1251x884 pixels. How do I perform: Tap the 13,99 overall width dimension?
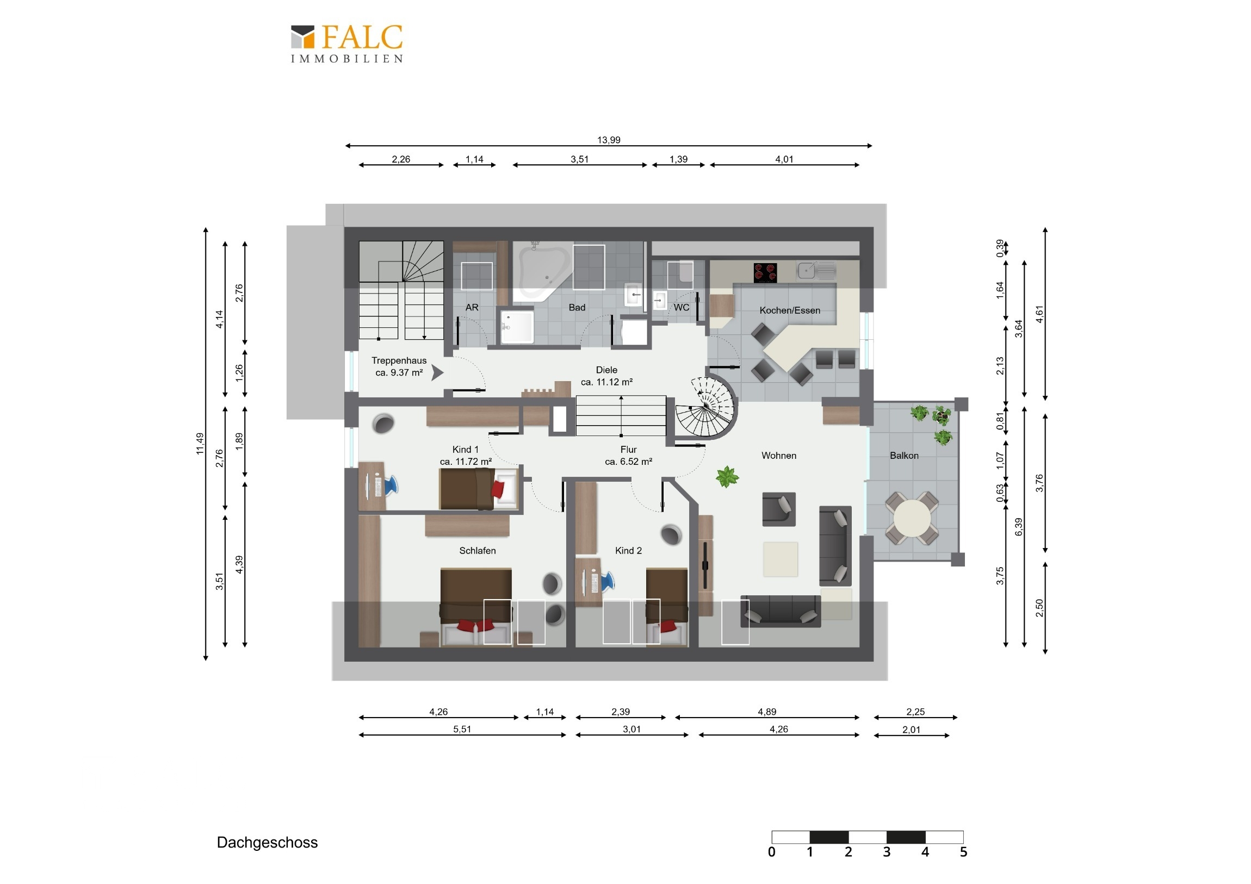pyautogui.click(x=609, y=140)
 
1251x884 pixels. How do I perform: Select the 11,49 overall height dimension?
pyautogui.click(x=200, y=444)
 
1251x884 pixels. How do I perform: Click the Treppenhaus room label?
pyautogui.click(x=399, y=360)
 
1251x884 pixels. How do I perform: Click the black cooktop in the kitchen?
pyautogui.click(x=765, y=272)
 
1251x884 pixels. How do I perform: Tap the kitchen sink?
pyautogui.click(x=816, y=270)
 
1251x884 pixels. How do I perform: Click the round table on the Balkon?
pyautogui.click(x=912, y=518)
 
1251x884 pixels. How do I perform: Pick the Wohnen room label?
pyautogui.click(x=778, y=456)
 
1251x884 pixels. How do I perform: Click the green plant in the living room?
pyautogui.click(x=727, y=477)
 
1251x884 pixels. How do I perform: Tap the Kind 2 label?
pyautogui.click(x=628, y=551)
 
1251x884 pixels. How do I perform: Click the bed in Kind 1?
pyautogui.click(x=479, y=489)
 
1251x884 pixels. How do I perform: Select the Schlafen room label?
pyautogui.click(x=478, y=551)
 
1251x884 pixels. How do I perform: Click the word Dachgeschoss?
pyautogui.click(x=267, y=843)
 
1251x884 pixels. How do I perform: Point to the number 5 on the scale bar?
pyautogui.click(x=963, y=852)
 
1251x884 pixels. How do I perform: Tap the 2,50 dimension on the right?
pyautogui.click(x=1039, y=608)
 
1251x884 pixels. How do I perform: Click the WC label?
pyautogui.click(x=681, y=307)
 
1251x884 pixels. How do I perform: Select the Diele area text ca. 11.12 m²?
pyautogui.click(x=606, y=382)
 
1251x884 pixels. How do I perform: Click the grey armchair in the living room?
pyautogui.click(x=778, y=509)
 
